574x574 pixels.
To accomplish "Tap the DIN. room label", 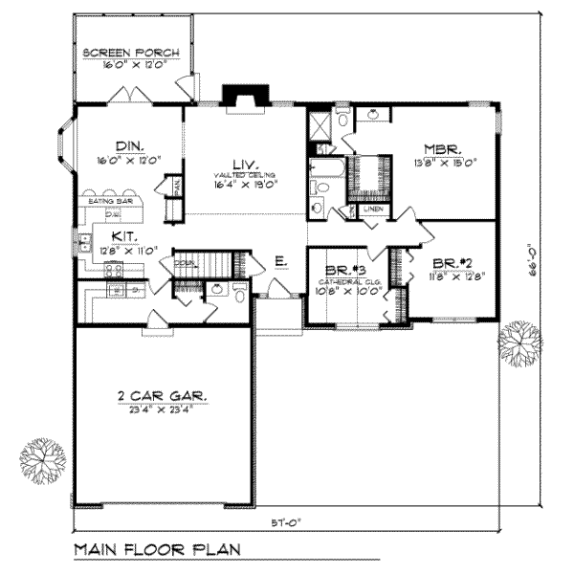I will (128, 146).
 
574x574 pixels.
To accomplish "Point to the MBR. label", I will (444, 149).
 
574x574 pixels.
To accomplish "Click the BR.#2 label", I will (450, 261).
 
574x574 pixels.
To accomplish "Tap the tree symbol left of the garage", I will (43, 460).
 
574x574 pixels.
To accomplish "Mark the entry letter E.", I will (278, 259).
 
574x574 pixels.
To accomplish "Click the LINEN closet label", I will (374, 209).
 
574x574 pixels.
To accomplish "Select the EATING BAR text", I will (108, 202).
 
